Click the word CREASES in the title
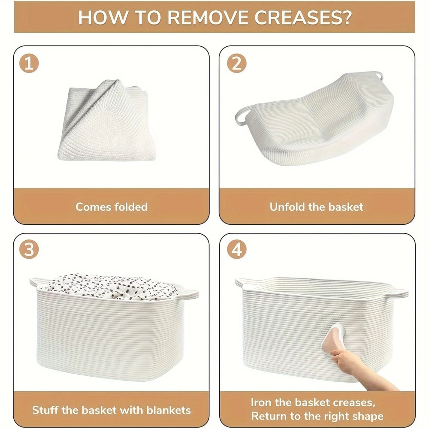[x=302, y=18]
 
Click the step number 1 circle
[x=29, y=63]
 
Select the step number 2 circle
[x=237, y=63]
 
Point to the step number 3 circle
[x=29, y=250]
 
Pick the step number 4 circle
[x=237, y=250]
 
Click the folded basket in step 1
[x=107, y=121]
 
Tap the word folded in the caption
[x=131, y=207]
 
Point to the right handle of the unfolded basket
[x=379, y=75]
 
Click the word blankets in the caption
[x=169, y=410]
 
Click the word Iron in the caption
[x=261, y=402]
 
